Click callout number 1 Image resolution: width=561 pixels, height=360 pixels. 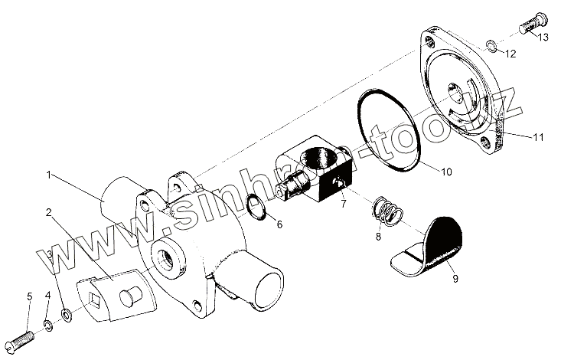[x=48, y=175]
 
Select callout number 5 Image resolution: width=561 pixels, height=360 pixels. [x=28, y=296]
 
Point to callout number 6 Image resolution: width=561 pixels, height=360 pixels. [x=279, y=224]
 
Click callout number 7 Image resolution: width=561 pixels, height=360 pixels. [x=344, y=205]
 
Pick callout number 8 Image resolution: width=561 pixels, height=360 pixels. [x=377, y=237]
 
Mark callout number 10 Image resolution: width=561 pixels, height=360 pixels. [x=446, y=172]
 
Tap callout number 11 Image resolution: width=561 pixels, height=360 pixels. [x=539, y=137]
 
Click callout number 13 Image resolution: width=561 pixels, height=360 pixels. [x=544, y=36]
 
